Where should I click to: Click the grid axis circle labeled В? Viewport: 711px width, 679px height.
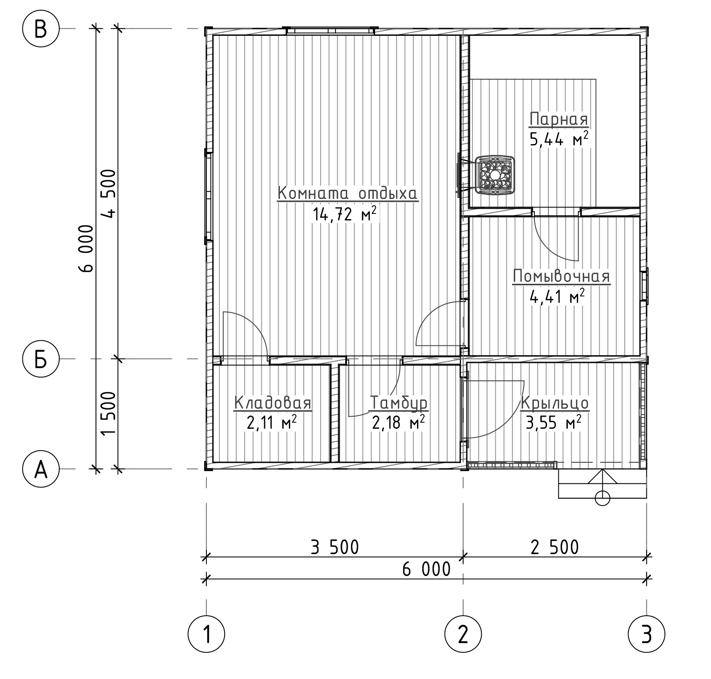point(41,29)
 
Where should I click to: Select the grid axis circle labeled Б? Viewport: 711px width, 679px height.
point(41,359)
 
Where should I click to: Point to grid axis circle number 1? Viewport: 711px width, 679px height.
point(206,634)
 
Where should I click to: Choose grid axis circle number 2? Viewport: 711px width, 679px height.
point(463,634)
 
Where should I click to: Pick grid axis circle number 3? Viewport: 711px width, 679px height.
point(646,634)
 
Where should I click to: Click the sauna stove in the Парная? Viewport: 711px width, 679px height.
point(494,175)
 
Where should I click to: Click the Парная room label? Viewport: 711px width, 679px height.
point(559,119)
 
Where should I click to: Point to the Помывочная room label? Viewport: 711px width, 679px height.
point(561,276)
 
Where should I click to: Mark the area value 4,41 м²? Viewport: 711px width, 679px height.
point(557,296)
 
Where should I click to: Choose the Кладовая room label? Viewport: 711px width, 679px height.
point(273,403)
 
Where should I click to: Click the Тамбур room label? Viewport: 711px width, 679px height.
point(399,403)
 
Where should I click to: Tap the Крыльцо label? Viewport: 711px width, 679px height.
point(555,403)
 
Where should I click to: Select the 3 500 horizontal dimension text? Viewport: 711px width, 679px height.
point(335,547)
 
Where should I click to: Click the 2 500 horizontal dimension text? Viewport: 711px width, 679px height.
point(554,547)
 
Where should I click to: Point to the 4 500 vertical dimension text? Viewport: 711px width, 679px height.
point(110,193)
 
